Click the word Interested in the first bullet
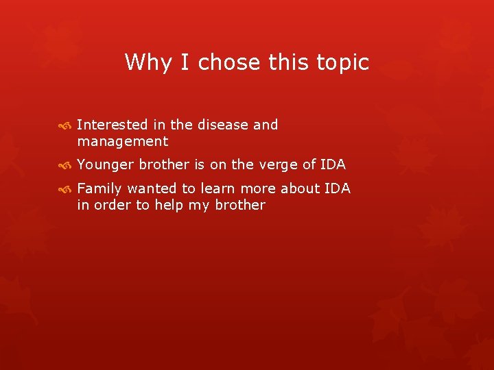(x=113, y=125)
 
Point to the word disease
(x=224, y=125)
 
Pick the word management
(x=123, y=142)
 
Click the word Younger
(x=106, y=165)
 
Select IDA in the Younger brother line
(x=331, y=165)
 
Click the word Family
(x=100, y=188)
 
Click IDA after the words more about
(x=336, y=188)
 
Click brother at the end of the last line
(x=240, y=206)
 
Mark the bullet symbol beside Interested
(x=64, y=125)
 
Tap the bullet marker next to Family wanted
(x=64, y=189)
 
